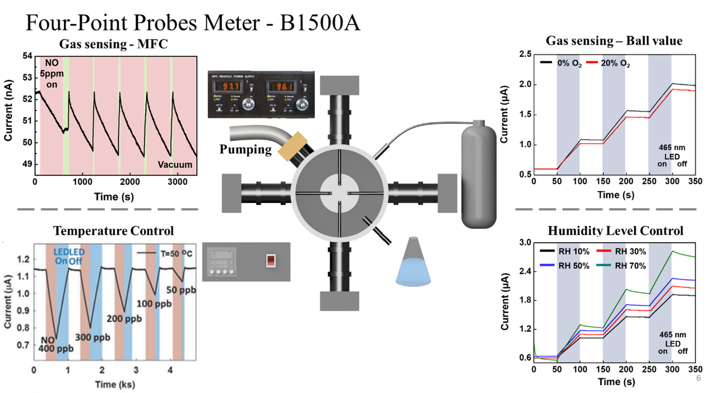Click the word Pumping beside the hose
[246, 149]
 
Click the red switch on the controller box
[270, 260]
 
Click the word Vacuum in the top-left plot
[175, 165]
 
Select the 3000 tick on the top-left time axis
[170, 182]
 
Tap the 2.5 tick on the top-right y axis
[524, 54]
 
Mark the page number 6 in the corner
[699, 379]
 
